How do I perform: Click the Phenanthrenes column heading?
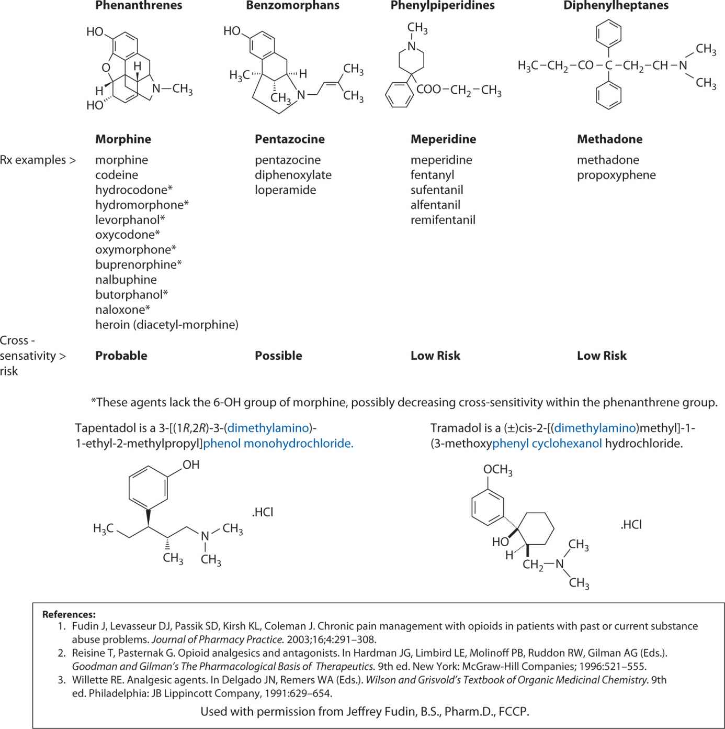pyautogui.click(x=139, y=6)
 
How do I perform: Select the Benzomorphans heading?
pyautogui.click(x=292, y=6)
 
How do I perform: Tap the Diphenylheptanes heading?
pyautogui.click(x=616, y=6)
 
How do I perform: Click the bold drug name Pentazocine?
pyautogui.click(x=289, y=139)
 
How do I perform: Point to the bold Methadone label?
pyautogui.click(x=609, y=139)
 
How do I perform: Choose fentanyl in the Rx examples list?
pyautogui.click(x=432, y=175)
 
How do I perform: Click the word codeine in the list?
pyautogui.click(x=117, y=175)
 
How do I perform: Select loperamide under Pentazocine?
pyautogui.click(x=285, y=190)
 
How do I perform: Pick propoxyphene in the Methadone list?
pyautogui.click(x=616, y=175)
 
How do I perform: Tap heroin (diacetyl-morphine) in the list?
pyautogui.click(x=166, y=325)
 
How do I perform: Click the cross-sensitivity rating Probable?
pyautogui.click(x=121, y=356)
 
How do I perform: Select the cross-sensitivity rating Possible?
pyautogui.click(x=278, y=356)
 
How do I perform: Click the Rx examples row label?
pyautogui.click(x=38, y=160)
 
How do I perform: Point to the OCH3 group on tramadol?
pyautogui.click(x=497, y=470)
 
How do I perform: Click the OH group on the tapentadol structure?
pyautogui.click(x=191, y=465)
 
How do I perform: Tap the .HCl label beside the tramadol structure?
pyautogui.click(x=631, y=525)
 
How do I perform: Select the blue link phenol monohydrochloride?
pyautogui.click(x=278, y=444)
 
